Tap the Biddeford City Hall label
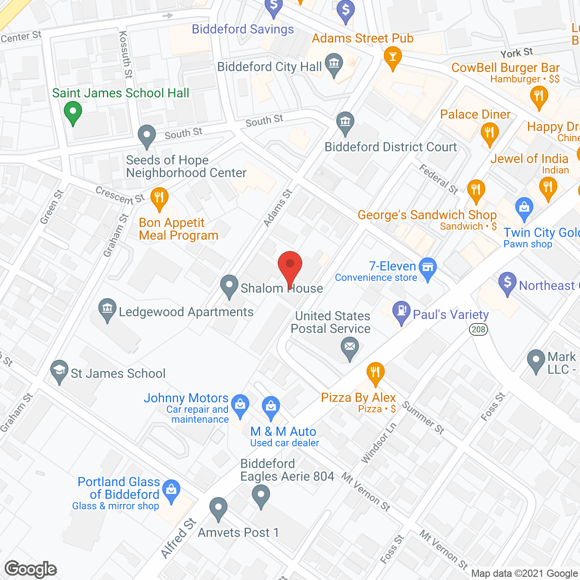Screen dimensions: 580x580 pos(269,67)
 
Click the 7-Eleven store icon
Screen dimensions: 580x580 pos(427,267)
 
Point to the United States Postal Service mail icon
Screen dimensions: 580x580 pos(350,348)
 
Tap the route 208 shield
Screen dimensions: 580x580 pos(478,329)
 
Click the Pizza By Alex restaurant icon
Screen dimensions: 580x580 pos(375,373)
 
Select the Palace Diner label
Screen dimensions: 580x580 pos(475,114)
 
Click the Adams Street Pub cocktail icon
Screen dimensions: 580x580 pos(392,57)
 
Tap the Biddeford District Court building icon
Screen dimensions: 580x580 pos(345,121)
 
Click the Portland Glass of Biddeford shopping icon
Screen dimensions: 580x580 pos(171,490)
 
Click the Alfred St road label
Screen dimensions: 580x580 pos(179,538)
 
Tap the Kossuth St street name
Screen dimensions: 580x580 pos(125,54)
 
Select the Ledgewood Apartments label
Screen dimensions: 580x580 pos(186,312)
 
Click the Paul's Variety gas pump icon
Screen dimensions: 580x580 pos(401,311)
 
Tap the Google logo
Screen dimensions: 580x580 pos(31,569)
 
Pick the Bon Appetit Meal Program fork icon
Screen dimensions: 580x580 pos(159,198)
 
